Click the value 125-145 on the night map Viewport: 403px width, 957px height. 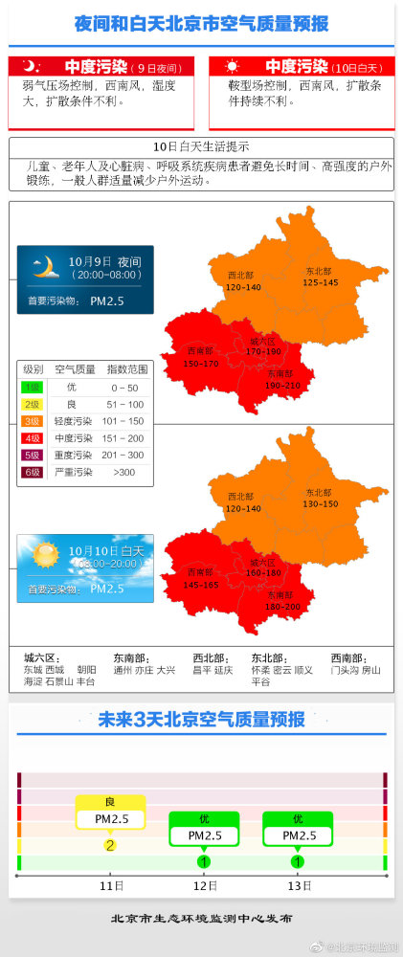321,282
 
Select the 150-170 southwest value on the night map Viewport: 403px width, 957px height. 201,364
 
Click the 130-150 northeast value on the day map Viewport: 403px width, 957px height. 320,503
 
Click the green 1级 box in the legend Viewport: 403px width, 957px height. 33,387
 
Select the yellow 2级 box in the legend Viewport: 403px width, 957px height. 33,404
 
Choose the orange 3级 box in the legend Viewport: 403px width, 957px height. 33,421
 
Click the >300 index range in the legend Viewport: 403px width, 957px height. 123,472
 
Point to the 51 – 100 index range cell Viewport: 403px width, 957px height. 124,404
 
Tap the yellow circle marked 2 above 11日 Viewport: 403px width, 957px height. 110,845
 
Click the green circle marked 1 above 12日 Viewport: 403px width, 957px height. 204,862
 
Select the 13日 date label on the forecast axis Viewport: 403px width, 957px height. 298,885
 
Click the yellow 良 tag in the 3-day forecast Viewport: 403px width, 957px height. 110,802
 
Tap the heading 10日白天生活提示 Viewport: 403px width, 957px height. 201,146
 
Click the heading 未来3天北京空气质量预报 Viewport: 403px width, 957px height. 201,720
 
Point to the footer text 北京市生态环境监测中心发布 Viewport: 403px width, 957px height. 201,918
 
